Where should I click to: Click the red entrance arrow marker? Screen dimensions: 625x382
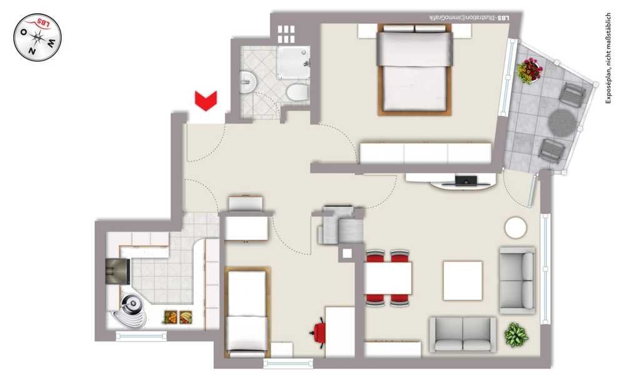coord(206,101)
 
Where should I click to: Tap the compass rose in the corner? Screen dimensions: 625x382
coord(37,37)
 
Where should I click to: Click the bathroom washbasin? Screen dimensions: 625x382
coord(248,82)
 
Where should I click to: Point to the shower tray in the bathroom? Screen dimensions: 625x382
coord(293,62)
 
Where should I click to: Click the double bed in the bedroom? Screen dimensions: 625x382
coord(414,69)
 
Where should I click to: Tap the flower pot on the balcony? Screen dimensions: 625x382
coord(530,71)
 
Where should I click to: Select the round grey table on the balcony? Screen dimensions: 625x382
coord(562,122)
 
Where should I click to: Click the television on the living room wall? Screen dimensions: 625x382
coord(466,181)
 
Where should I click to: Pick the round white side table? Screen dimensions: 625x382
coord(516,228)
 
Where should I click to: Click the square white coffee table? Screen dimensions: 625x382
coord(462,280)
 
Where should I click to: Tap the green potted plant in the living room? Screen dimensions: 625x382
coord(516,334)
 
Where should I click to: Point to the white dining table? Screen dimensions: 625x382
coord(388,278)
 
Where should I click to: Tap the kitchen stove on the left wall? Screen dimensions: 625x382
coord(117,271)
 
